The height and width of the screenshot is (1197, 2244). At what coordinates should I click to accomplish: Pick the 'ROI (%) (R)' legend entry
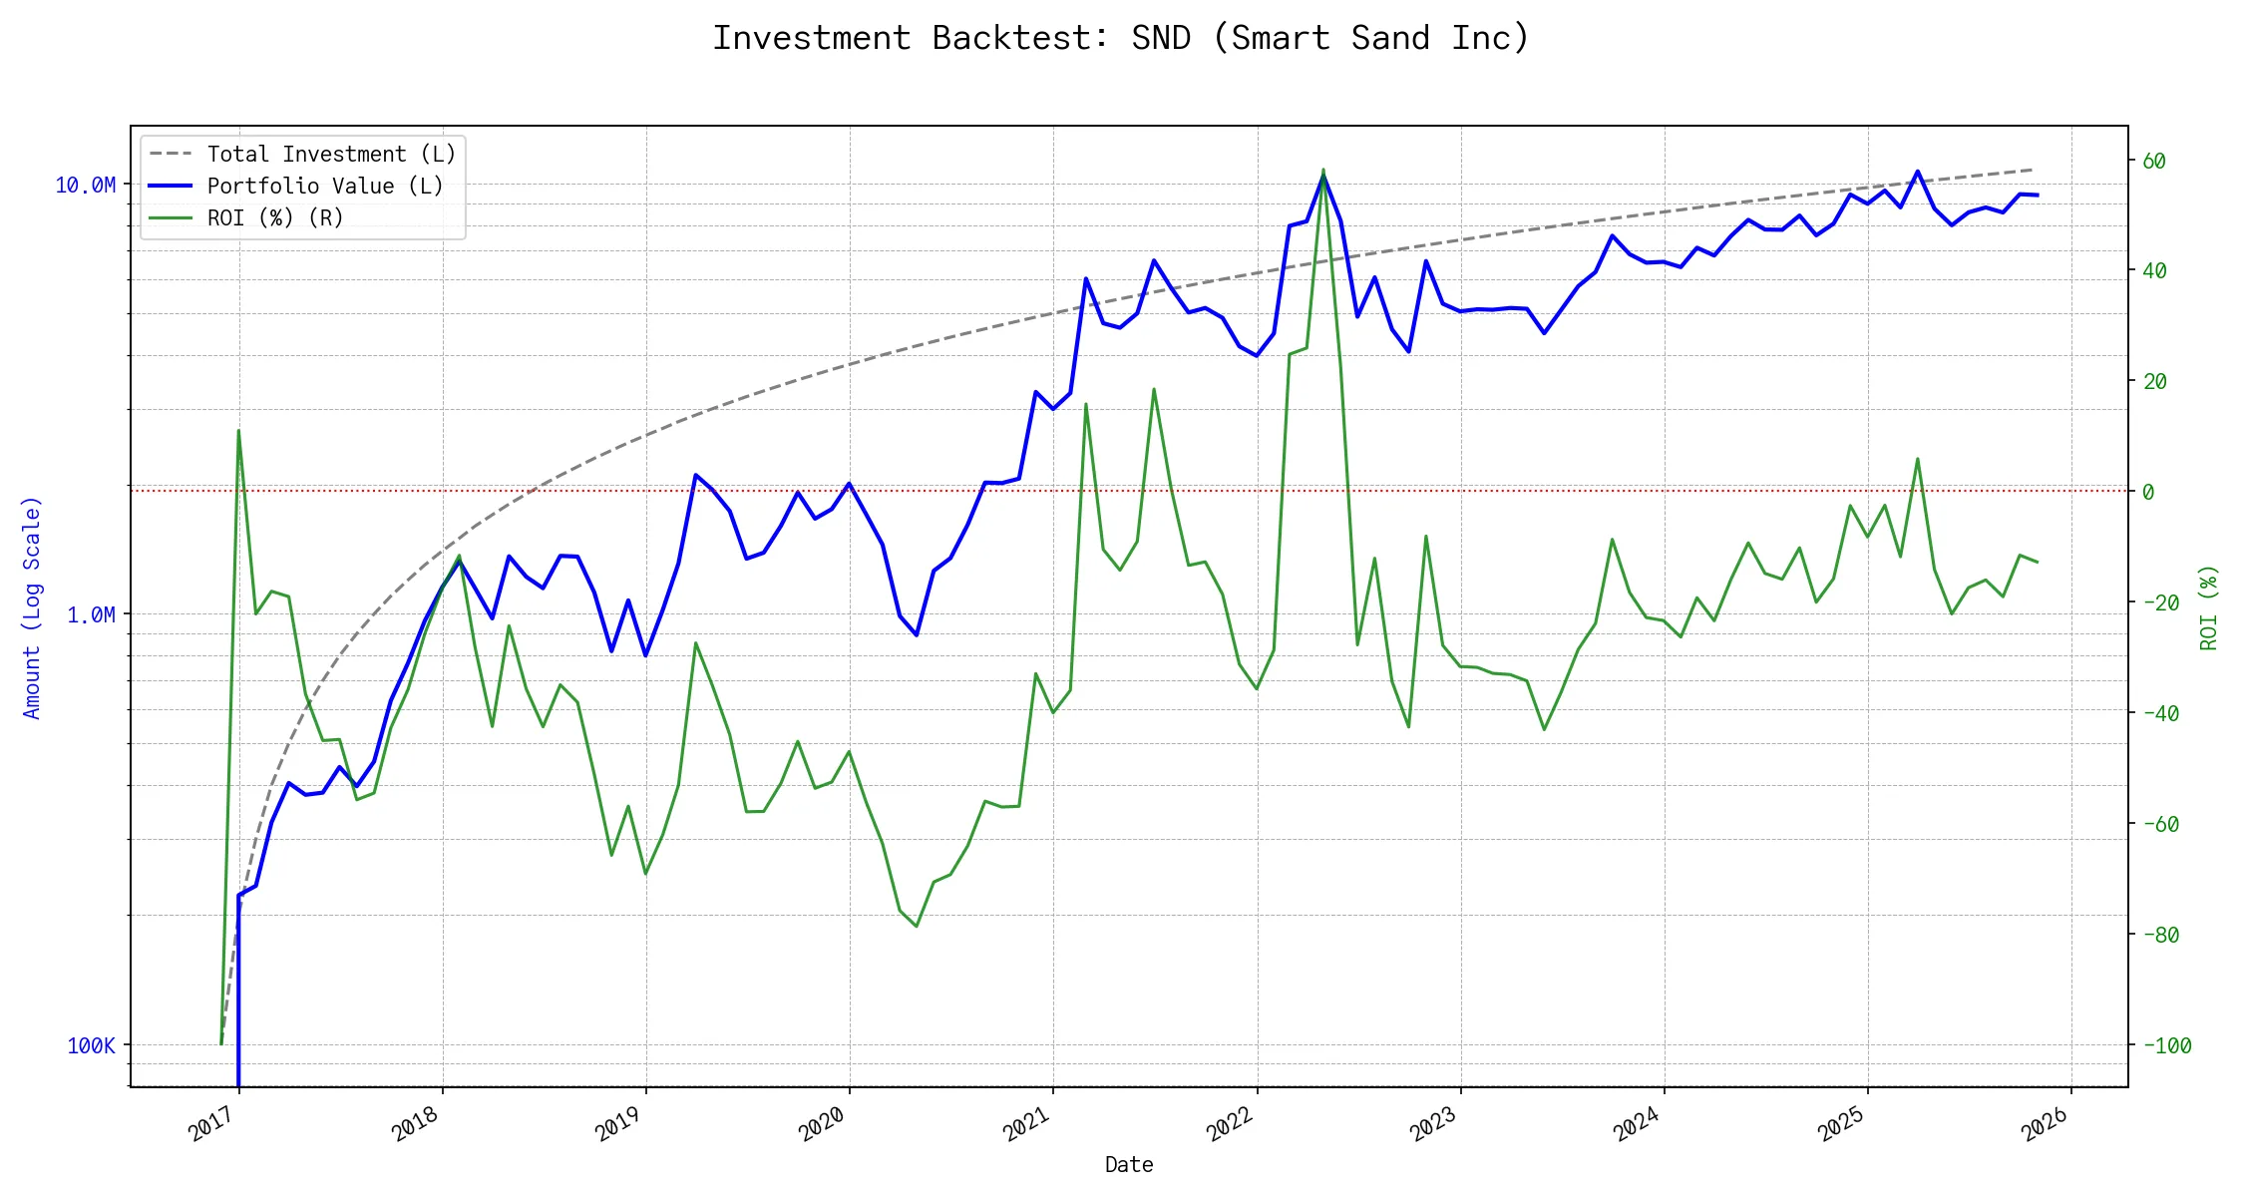275,218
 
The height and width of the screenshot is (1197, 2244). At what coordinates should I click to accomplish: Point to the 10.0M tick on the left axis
86,186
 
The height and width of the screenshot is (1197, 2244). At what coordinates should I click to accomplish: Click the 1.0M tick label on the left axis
91,615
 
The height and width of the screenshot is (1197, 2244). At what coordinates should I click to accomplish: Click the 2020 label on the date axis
824,1127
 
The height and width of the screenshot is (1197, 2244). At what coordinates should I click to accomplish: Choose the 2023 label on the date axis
1434,1127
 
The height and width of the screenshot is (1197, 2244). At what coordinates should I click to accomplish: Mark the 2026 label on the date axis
2045,1127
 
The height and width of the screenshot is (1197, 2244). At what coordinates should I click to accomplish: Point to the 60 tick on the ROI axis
2154,162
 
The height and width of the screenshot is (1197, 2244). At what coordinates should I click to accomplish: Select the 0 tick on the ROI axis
2148,492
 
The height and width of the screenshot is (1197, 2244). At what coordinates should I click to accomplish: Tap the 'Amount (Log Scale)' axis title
32,607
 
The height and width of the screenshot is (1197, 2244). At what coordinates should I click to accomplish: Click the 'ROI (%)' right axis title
2209,607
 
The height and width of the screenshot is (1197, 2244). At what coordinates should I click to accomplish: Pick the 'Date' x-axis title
1129,1165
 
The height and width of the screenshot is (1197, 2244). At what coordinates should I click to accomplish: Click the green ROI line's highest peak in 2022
1323,170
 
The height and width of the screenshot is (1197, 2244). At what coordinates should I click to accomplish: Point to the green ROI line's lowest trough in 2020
916,927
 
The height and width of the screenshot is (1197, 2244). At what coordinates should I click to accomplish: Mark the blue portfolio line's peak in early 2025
1917,172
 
